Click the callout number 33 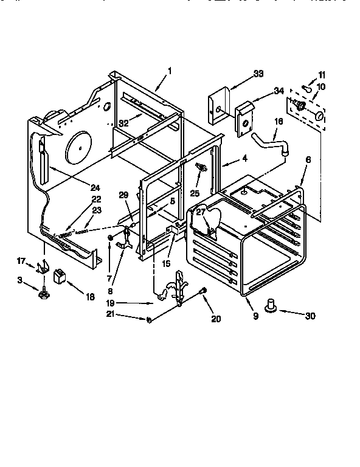click(x=258, y=74)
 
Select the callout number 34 click(x=279, y=91)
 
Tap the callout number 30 click(x=311, y=316)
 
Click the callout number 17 click(x=21, y=261)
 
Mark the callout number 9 click(x=255, y=316)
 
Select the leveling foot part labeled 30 click(x=271, y=305)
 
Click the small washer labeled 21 click(x=149, y=319)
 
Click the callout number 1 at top click(x=170, y=71)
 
